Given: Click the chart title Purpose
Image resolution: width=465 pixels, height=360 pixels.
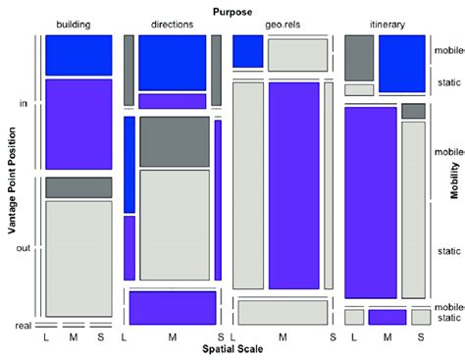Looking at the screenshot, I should (x=232, y=10).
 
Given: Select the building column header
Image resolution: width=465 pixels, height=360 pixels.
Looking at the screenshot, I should (x=78, y=24).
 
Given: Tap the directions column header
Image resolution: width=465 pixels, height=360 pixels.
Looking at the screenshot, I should (x=172, y=24).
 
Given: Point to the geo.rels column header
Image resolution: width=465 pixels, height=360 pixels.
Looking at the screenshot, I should (x=282, y=24).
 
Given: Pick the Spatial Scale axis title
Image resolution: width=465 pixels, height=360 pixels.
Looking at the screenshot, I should (x=232, y=349).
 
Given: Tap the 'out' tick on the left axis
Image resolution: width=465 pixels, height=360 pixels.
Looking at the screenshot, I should (x=25, y=247).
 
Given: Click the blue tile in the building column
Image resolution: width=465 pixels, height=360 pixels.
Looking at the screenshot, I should (x=78, y=55).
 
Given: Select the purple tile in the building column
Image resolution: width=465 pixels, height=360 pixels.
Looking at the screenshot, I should (x=78, y=124).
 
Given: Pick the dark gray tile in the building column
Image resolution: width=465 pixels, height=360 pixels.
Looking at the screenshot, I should (x=78, y=186).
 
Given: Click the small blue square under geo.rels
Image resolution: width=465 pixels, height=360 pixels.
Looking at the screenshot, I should (x=247, y=51).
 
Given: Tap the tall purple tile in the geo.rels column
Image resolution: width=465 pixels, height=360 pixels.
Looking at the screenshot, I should (x=293, y=186).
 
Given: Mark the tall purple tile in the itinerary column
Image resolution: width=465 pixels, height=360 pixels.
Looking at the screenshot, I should (x=370, y=201).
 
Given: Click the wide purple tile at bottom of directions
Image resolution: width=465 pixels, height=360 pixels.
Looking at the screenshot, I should (x=173, y=307).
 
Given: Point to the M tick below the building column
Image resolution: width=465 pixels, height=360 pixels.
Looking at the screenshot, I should (x=73, y=337).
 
